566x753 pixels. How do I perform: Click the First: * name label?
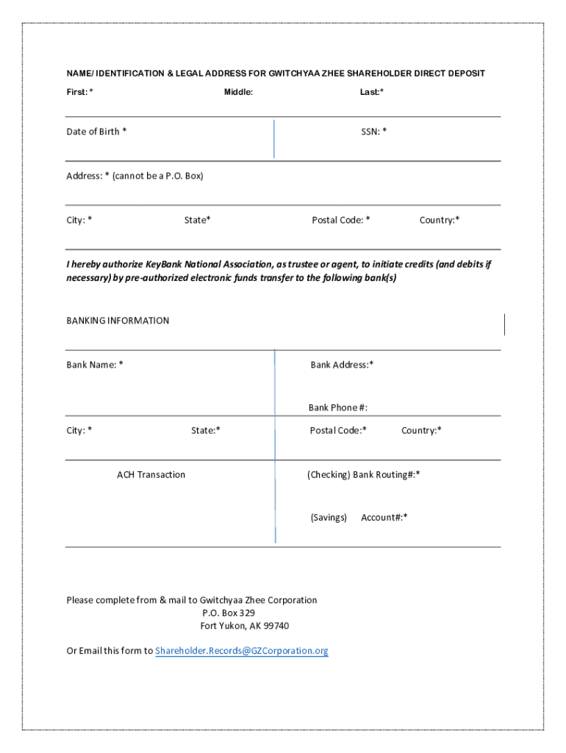[x=79, y=92]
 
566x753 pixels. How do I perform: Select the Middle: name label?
[x=238, y=92]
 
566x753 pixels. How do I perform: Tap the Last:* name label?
[x=371, y=92]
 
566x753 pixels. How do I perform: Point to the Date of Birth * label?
[x=96, y=132]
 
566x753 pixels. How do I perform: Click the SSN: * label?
[x=373, y=132]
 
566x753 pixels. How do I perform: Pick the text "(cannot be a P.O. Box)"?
[x=157, y=176]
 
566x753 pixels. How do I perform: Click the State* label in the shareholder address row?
[x=197, y=220]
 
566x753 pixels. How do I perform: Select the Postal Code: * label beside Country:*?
[x=340, y=220]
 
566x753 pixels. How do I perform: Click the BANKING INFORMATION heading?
[x=118, y=321]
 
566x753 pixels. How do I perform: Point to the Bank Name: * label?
[x=95, y=365]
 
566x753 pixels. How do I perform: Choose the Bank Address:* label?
[x=342, y=365]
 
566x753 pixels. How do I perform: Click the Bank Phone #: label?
[x=337, y=407]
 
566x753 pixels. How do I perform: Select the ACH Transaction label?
[x=151, y=474]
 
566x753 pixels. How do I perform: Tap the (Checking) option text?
[x=328, y=474]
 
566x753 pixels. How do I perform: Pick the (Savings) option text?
[x=328, y=518]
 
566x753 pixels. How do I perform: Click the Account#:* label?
[x=384, y=518]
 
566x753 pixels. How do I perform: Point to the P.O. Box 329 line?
[x=229, y=613]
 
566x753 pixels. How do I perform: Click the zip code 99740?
[x=276, y=626]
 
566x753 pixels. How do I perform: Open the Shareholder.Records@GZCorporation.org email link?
[x=241, y=651]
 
